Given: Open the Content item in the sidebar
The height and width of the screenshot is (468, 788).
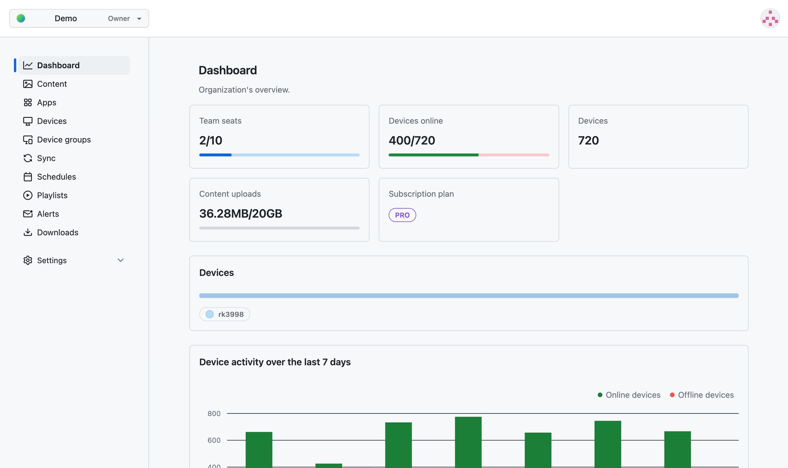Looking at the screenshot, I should coord(52,84).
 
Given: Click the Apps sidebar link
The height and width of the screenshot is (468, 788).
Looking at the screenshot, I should coord(47,102).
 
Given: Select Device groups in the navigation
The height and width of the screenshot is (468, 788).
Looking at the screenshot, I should coord(64,140).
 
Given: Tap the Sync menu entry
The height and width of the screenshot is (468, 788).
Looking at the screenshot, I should coord(46,158).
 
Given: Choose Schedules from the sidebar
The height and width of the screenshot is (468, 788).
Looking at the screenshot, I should coord(56,177).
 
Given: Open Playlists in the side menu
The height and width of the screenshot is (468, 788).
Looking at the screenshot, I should coord(52,195).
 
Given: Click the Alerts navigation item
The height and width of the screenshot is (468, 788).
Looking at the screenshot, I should coord(48,214).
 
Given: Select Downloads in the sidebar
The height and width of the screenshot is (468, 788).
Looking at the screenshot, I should coord(57,233).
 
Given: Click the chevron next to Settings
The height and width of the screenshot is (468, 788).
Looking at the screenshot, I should coord(120,260).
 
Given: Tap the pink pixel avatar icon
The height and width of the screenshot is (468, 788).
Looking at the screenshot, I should coord(770,18).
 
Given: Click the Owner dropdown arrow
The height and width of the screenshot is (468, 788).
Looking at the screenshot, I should coord(139,19).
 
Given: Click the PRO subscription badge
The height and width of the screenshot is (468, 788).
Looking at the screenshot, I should coord(402,215).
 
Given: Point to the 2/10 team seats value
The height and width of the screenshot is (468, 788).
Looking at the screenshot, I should coord(211,141).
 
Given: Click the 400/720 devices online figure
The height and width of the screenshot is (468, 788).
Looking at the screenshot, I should coord(412,141).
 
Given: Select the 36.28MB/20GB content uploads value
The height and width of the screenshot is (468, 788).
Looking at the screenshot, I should coord(241,214).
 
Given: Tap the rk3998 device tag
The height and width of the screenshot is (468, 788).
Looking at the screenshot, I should coord(225,314).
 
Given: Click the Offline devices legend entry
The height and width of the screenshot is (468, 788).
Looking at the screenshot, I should coord(702,395).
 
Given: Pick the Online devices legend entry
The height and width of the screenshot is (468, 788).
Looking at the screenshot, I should coord(629,395).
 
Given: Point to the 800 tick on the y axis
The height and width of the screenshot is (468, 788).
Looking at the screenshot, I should coord(214,413).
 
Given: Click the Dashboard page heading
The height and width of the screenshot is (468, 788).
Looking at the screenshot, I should coord(228,70).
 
